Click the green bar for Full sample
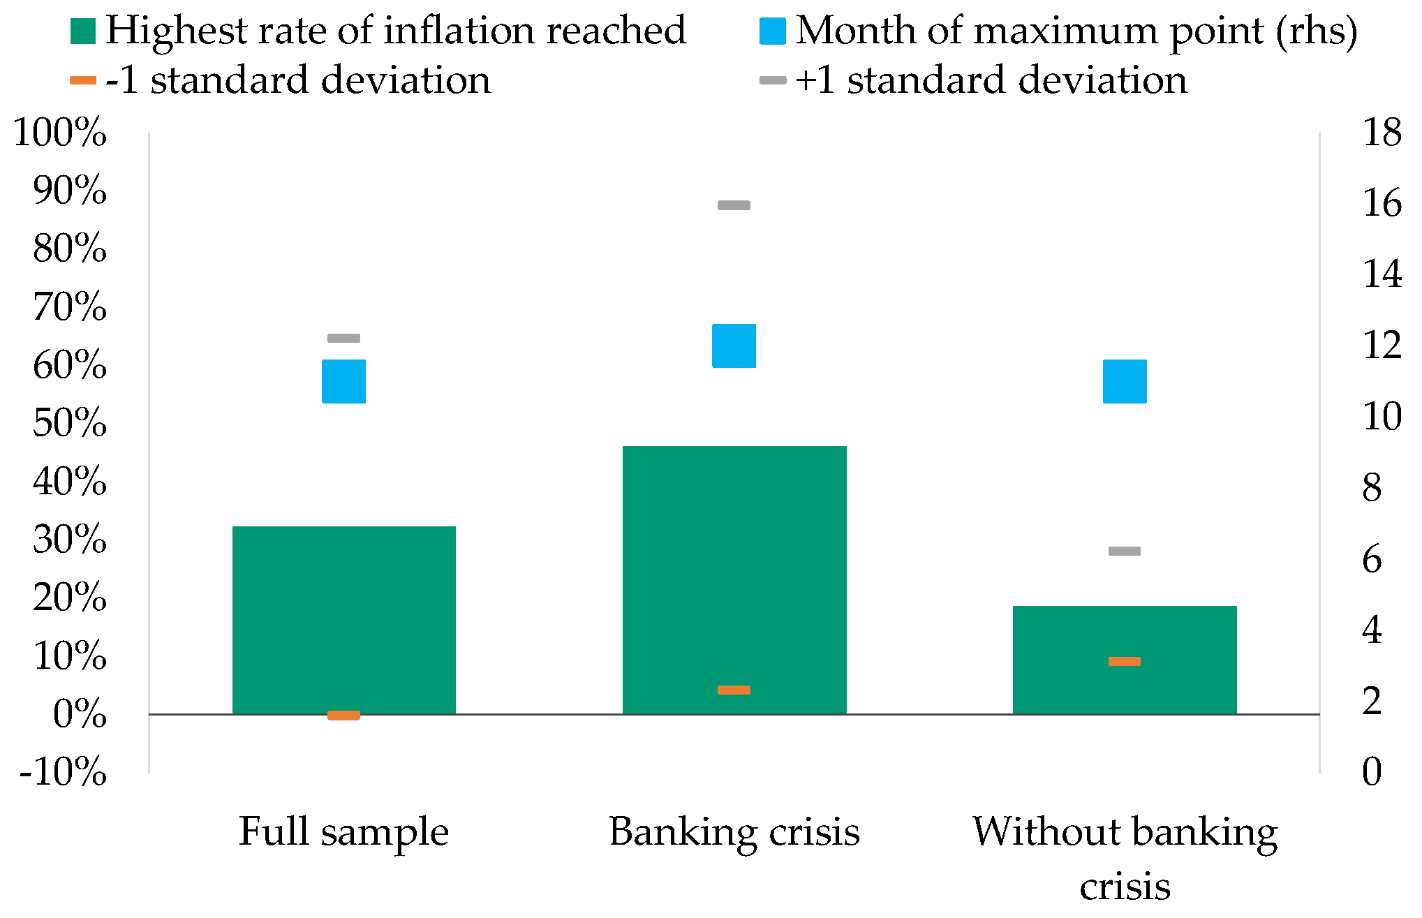[x=343, y=620]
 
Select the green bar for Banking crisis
[x=734, y=579]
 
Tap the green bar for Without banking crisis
[x=1124, y=660]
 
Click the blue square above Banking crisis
[x=734, y=346]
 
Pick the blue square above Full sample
[x=343, y=381]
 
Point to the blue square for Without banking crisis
[x=1124, y=381]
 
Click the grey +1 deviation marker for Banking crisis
[x=734, y=205]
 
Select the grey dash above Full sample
[x=343, y=339]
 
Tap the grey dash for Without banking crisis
[x=1124, y=551]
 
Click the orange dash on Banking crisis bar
[x=734, y=690]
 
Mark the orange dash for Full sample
[x=343, y=715]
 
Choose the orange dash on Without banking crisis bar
[x=1124, y=661]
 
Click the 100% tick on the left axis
[x=61, y=133]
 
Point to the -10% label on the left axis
[x=63, y=772]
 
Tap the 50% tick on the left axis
[x=70, y=423]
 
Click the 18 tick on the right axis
[x=1382, y=133]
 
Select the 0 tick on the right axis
[x=1372, y=772]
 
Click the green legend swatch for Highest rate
[x=83, y=31]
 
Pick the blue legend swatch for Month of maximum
[x=773, y=31]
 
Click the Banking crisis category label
[x=734, y=832]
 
